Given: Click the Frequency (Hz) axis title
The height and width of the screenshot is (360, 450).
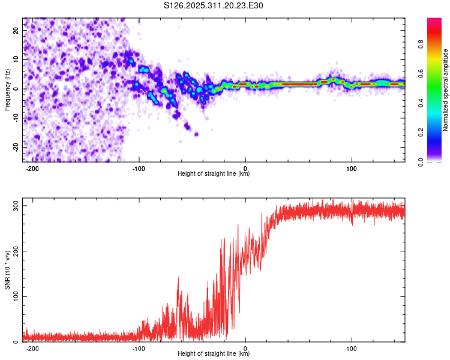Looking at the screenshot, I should [7, 90].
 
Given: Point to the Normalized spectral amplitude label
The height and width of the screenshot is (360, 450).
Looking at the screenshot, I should [446, 90].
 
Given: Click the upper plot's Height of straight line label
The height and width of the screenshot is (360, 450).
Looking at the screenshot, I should [214, 174].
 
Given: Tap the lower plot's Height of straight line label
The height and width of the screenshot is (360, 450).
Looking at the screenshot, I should [214, 354].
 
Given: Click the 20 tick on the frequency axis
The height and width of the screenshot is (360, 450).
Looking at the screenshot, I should [16, 29].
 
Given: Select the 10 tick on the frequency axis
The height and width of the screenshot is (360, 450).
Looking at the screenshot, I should [16, 59].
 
